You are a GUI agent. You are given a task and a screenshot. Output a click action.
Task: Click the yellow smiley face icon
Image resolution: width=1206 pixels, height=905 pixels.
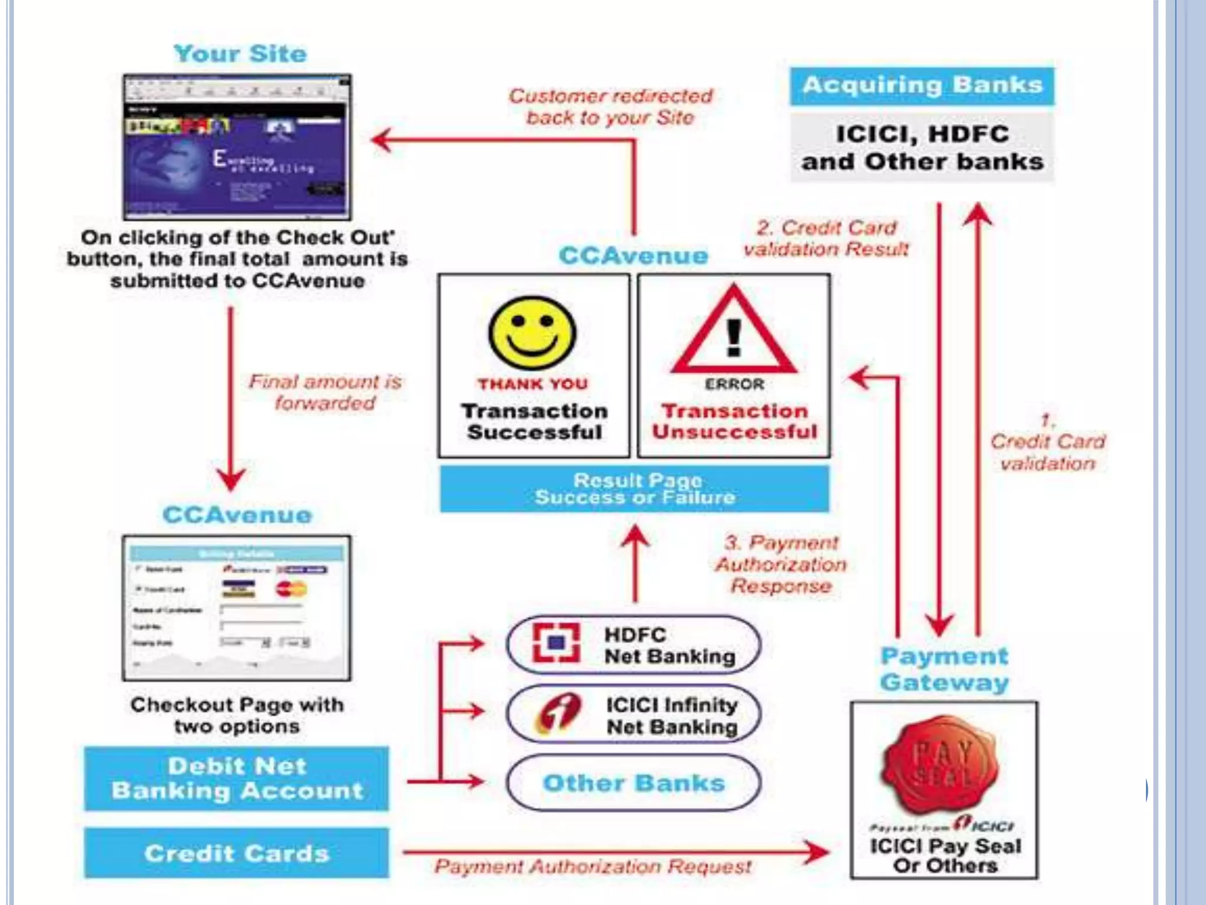tap(532, 333)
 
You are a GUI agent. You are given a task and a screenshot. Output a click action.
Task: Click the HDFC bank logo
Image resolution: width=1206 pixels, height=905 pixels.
tap(556, 643)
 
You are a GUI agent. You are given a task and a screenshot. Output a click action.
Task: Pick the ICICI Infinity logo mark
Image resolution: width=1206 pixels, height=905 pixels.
tap(556, 713)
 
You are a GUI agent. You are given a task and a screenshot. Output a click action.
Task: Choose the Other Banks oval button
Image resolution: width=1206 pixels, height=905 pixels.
tap(634, 783)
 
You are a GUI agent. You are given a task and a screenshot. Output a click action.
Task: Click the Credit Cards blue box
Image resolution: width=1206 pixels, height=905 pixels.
tap(237, 853)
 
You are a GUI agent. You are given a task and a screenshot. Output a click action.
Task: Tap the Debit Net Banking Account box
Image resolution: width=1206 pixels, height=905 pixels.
tap(237, 778)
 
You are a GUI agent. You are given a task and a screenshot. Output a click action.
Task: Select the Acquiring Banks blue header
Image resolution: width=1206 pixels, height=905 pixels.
tap(922, 86)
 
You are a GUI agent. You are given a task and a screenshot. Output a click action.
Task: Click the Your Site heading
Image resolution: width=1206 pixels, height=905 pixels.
tap(240, 54)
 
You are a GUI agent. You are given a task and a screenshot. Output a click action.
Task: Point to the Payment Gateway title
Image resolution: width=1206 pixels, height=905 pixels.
tap(944, 669)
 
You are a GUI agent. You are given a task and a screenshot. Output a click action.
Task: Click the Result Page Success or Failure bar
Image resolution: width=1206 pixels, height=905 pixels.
tap(635, 489)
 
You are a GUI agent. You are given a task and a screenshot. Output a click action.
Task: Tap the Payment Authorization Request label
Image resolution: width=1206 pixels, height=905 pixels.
tap(593, 867)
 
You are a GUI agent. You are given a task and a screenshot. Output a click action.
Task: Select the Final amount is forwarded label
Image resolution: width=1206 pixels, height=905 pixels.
tap(325, 392)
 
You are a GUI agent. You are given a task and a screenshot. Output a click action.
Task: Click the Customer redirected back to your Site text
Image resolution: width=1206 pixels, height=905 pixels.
tap(611, 107)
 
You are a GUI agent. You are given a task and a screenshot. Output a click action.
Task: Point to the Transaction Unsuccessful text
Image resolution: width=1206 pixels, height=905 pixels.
tap(734, 421)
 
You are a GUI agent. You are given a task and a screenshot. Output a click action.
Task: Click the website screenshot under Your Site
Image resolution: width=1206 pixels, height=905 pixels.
tap(237, 147)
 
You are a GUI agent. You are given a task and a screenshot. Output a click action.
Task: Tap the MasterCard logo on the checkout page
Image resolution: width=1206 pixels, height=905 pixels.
tap(291, 589)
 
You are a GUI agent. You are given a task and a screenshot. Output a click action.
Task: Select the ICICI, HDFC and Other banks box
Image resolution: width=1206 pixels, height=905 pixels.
tap(922, 148)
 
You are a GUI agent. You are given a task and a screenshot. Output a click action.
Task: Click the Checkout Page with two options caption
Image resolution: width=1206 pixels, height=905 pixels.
tap(237, 715)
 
